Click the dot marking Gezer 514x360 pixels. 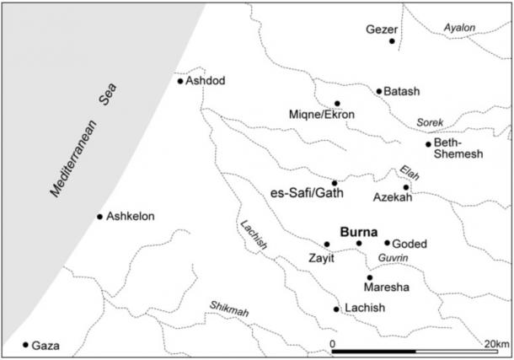(x=392, y=41)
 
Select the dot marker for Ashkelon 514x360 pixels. (x=99, y=217)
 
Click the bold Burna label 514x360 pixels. (x=358, y=229)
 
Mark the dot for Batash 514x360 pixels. (x=379, y=91)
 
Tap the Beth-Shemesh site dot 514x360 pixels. (x=428, y=144)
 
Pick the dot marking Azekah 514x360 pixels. (x=406, y=187)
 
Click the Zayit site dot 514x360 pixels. (x=327, y=244)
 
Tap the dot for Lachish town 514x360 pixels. (x=336, y=309)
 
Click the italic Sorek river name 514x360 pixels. (x=430, y=122)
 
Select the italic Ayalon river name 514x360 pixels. (x=460, y=28)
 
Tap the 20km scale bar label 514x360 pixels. (x=495, y=343)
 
